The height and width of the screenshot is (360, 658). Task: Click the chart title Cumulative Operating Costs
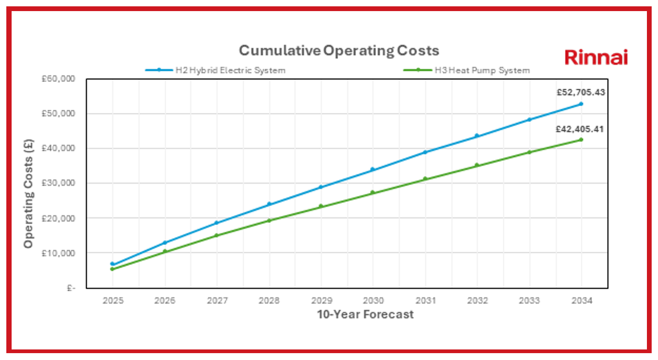[x=339, y=51]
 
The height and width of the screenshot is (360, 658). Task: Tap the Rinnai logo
[x=596, y=57]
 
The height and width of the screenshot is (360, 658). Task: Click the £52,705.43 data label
[x=580, y=92]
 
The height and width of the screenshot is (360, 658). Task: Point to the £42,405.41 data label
[x=580, y=129]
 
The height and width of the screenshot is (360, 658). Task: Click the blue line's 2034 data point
[x=581, y=104]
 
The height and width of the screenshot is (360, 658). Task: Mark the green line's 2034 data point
[x=581, y=140]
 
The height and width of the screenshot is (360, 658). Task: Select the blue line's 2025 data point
[x=112, y=264]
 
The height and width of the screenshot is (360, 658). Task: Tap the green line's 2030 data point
[x=373, y=193]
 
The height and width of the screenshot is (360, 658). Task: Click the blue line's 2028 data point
[x=269, y=204]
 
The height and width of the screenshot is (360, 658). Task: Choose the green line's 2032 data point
[x=476, y=165]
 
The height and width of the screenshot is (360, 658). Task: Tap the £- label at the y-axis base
[x=71, y=288]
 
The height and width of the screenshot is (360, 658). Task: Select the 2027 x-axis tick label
[x=217, y=301]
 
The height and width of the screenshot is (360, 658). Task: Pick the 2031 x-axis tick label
[x=425, y=301]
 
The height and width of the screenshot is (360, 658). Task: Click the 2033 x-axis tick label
[x=529, y=301]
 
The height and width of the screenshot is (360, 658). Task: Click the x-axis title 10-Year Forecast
[x=365, y=315]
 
